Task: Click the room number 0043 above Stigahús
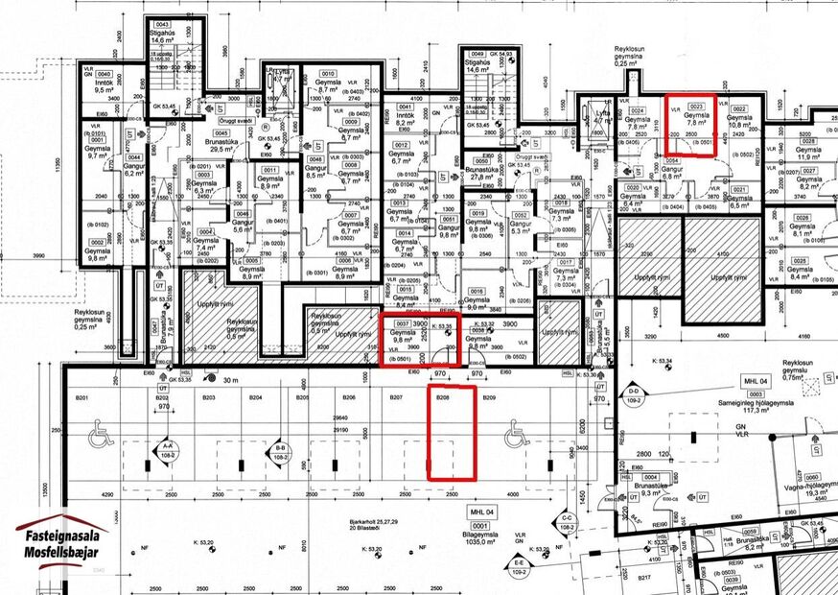click(x=162, y=24)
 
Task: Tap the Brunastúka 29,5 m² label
click(x=222, y=145)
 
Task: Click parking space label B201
click(x=82, y=396)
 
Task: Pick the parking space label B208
click(x=443, y=396)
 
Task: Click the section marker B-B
click(x=281, y=448)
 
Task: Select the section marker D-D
click(x=634, y=392)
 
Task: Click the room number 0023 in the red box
click(x=697, y=107)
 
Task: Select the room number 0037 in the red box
click(x=403, y=323)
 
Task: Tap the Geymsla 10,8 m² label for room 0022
click(x=738, y=120)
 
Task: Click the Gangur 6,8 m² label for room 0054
click(x=671, y=171)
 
